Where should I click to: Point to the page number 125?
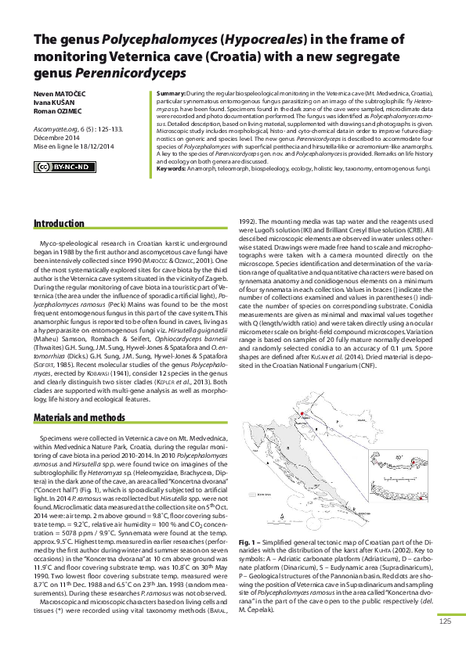click(445, 643)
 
